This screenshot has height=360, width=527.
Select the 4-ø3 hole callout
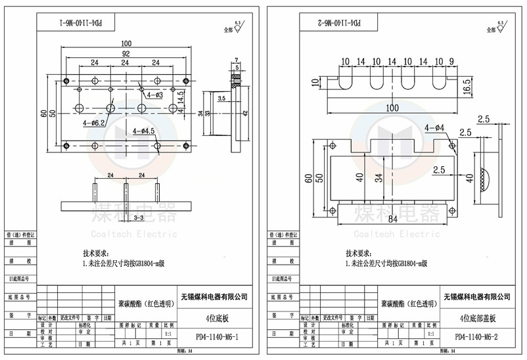[x=155, y=95]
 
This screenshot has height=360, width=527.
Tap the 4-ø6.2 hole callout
[x=95, y=123]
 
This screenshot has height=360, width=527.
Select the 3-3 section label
[x=139, y=216]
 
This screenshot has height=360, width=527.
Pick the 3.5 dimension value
[x=221, y=98]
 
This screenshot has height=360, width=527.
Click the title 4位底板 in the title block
[x=217, y=317]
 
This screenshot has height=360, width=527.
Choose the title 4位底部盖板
[x=478, y=317]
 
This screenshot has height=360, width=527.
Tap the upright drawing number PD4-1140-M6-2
[x=478, y=338]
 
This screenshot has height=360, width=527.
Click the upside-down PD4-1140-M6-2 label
[x=336, y=22]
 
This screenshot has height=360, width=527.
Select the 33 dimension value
[x=208, y=113]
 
